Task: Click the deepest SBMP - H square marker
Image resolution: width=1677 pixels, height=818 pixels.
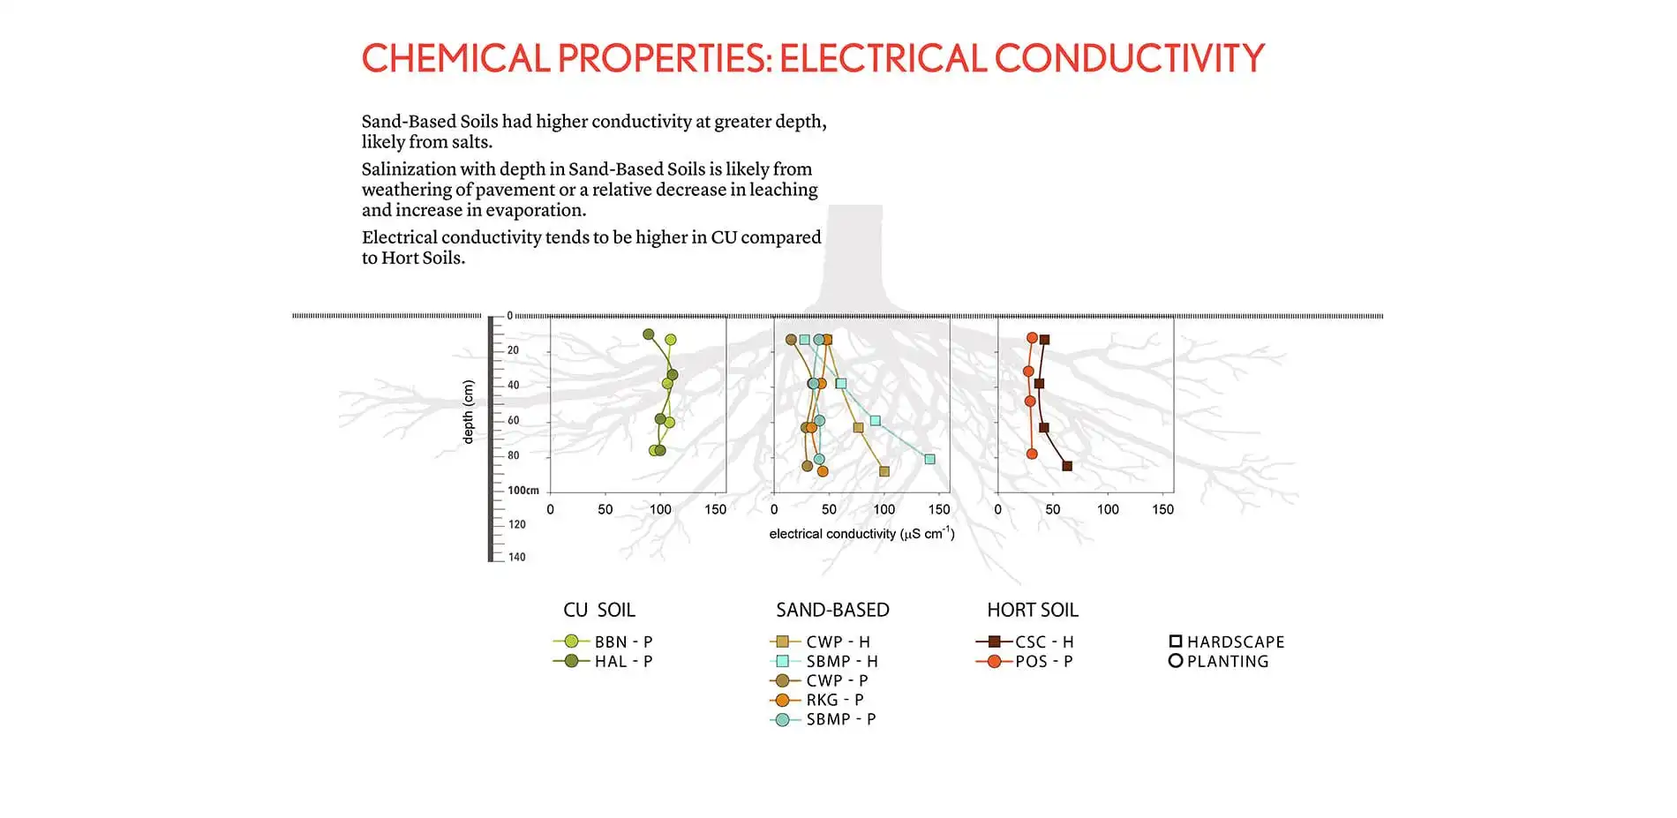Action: [929, 459]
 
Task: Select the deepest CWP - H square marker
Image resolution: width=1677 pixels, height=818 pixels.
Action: [884, 471]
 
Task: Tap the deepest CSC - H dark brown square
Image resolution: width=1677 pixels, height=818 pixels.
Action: [1067, 466]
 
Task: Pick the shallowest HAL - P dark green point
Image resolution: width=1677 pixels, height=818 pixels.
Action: [649, 334]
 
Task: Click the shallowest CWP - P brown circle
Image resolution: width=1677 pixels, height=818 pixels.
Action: [791, 340]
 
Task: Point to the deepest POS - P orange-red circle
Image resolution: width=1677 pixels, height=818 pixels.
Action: [1032, 454]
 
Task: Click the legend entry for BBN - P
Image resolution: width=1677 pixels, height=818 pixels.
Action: [604, 642]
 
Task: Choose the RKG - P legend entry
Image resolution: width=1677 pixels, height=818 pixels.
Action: [817, 700]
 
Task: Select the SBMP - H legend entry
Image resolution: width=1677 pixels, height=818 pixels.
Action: [824, 661]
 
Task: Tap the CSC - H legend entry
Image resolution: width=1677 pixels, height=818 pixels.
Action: [1025, 642]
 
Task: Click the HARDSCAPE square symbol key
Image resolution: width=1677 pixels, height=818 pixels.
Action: [1176, 642]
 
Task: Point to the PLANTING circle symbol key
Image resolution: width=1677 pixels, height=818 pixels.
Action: [1176, 661]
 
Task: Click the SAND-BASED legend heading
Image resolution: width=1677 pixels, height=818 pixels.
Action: [832, 610]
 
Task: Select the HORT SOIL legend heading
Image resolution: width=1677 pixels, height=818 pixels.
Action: [1033, 610]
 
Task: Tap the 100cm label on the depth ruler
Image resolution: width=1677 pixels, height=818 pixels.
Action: [523, 491]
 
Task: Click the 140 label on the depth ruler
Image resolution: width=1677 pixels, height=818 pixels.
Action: [517, 557]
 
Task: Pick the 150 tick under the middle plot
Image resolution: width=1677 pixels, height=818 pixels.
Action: [939, 509]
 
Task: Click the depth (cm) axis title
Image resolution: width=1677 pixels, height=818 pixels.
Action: [468, 411]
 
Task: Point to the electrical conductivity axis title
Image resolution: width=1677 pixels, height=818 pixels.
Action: [861, 533]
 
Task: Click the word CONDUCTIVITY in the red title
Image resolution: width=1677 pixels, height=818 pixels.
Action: [1130, 58]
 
